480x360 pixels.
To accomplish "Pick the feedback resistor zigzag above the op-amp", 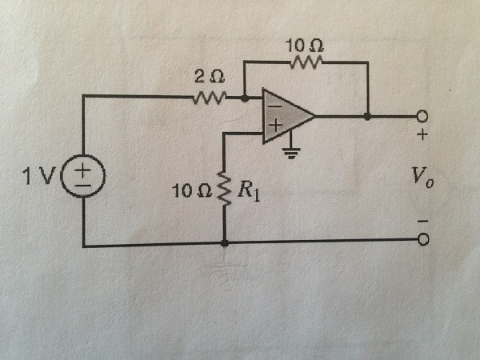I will pyautogui.click(x=306, y=61).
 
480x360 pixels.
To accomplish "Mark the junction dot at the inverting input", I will pyautogui.click(x=245, y=98).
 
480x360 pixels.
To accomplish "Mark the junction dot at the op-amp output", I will pyautogui.click(x=367, y=116).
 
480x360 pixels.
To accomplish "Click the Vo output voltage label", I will pyautogui.click(x=422, y=178).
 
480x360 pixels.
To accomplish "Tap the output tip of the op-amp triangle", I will pyautogui.click(x=314, y=116).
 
